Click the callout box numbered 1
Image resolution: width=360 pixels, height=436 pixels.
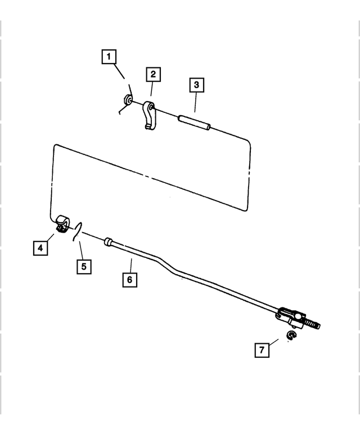click(109, 57)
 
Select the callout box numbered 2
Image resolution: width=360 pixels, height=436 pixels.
click(153, 74)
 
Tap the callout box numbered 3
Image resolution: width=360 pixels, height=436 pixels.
click(196, 85)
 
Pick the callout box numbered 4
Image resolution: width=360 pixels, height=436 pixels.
click(40, 248)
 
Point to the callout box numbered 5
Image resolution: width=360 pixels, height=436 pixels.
click(84, 267)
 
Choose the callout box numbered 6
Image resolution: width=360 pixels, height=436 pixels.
click(130, 279)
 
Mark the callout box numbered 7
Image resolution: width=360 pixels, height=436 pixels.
click(262, 350)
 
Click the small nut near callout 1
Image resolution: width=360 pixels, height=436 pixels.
click(128, 100)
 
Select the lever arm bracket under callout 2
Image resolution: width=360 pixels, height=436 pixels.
click(150, 115)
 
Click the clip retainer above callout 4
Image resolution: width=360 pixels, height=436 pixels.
click(62, 223)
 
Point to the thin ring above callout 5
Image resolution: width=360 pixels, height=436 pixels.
click(78, 231)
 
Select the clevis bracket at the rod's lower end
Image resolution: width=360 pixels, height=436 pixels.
click(290, 318)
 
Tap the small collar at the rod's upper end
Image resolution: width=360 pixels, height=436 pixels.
click(108, 242)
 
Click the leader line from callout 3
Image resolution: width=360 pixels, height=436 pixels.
click(195, 102)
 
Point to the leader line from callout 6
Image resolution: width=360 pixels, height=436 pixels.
click(131, 266)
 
